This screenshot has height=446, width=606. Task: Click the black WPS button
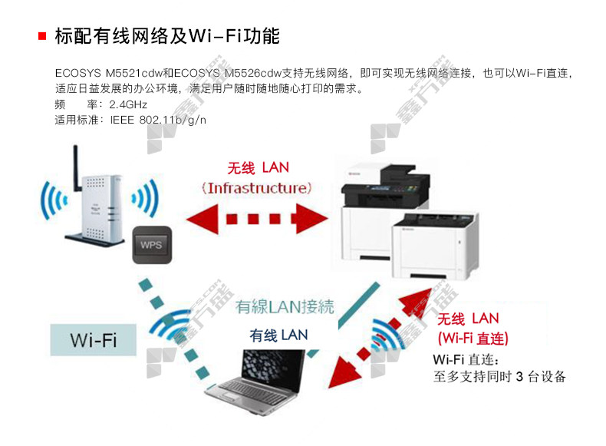(153, 246)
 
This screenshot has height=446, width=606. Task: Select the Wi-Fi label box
(93, 340)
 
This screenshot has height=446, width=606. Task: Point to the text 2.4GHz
(128, 104)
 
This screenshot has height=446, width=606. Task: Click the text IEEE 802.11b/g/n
(158, 121)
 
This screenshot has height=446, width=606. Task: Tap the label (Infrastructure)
(258, 187)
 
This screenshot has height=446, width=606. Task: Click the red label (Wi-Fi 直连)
(473, 338)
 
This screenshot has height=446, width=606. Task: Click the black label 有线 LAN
(278, 335)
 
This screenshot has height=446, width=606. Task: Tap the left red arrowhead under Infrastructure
(199, 219)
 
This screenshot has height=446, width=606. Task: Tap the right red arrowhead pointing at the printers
(315, 219)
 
